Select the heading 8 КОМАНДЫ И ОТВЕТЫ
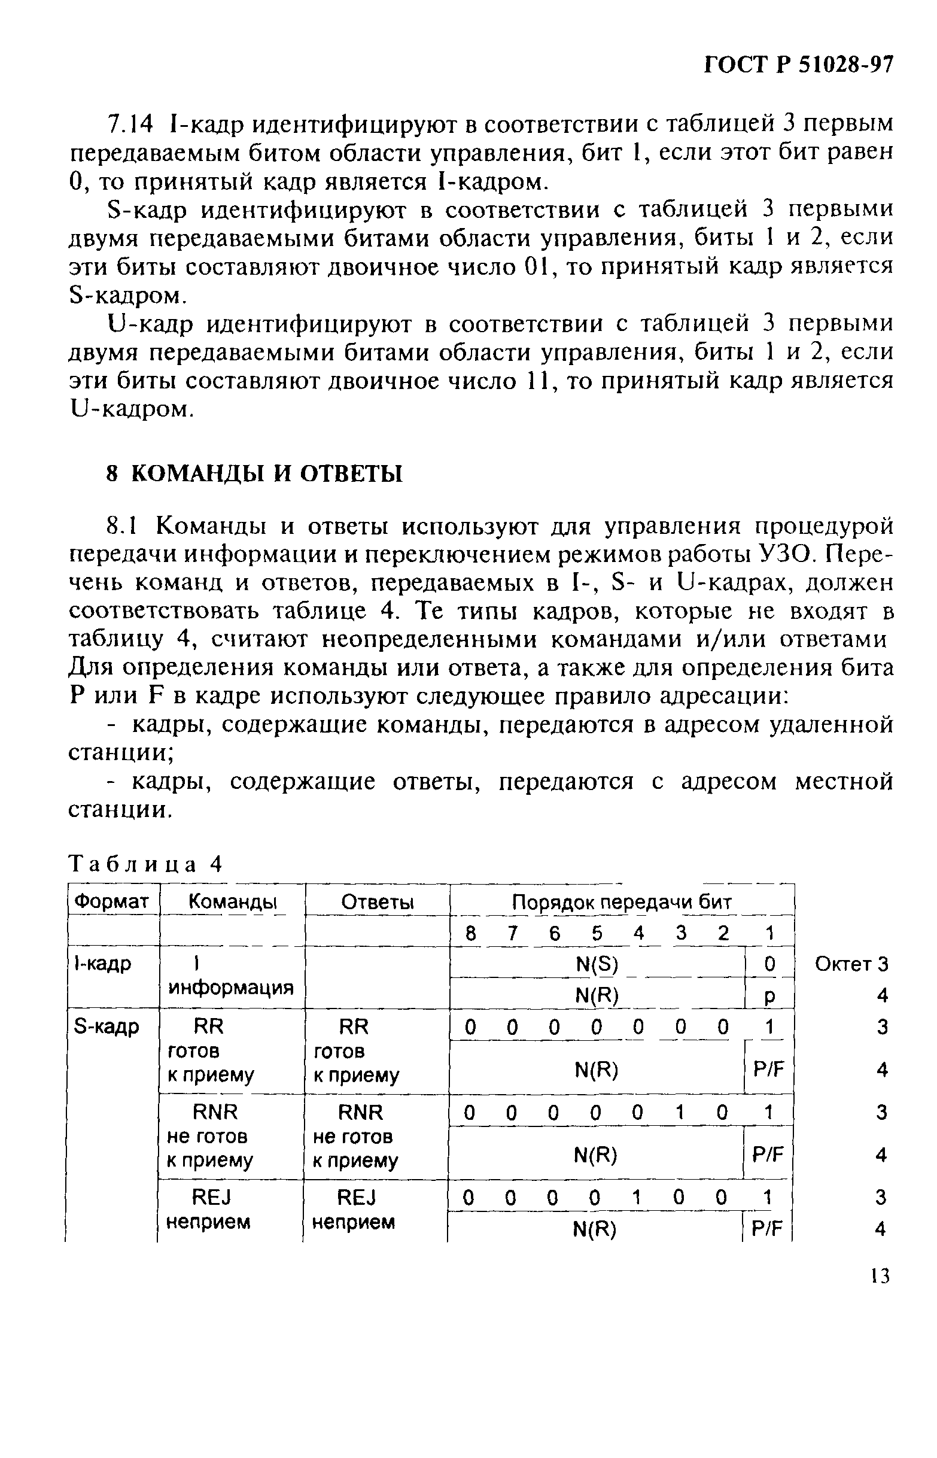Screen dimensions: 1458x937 click(254, 473)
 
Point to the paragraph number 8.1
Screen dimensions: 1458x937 click(123, 525)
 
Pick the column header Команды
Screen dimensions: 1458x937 click(232, 901)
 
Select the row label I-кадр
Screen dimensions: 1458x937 click(102, 964)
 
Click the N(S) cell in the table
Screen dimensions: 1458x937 click(597, 964)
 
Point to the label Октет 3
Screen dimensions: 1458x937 click(851, 964)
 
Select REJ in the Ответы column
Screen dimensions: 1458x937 click(357, 1198)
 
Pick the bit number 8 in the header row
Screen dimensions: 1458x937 click(470, 933)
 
